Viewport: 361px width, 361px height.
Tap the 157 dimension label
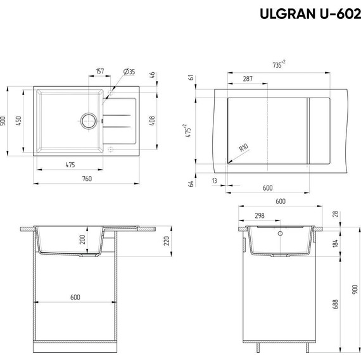pos(100,71)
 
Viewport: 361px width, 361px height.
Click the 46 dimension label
pos(153,76)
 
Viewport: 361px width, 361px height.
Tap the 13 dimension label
pos(215,180)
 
